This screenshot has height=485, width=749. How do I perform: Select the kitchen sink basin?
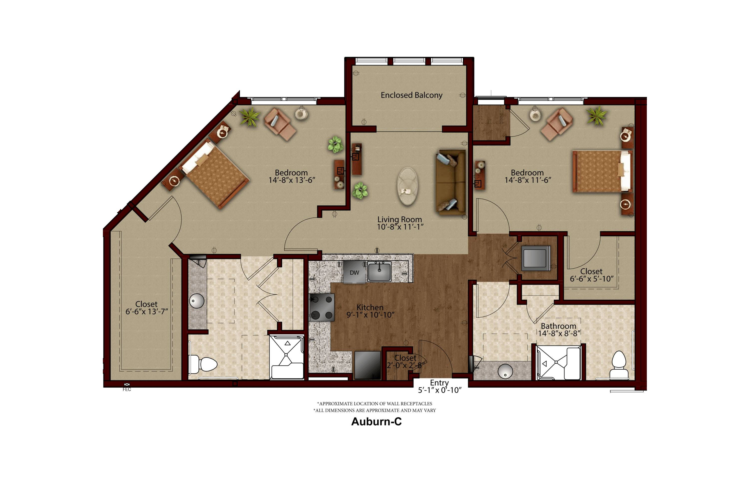pyautogui.click(x=379, y=271)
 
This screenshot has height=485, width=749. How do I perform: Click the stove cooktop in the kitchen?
pyautogui.click(x=322, y=307)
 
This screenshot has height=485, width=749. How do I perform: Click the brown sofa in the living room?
pyautogui.click(x=451, y=182)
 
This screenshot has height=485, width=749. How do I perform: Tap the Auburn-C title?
pyautogui.click(x=376, y=421)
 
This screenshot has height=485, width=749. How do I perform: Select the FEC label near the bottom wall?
pyautogui.click(x=127, y=389)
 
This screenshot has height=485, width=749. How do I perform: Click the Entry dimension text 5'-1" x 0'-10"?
pyautogui.click(x=440, y=390)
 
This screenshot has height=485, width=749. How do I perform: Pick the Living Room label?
pyautogui.click(x=400, y=219)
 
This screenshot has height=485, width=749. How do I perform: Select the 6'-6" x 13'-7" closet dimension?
pyautogui.click(x=147, y=312)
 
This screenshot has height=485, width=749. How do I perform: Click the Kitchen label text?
pyautogui.click(x=370, y=307)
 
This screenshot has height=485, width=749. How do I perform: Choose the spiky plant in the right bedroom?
pyautogui.click(x=596, y=116)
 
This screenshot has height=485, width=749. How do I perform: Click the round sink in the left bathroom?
pyautogui.click(x=197, y=301)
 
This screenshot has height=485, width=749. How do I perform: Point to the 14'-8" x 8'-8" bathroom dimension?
pyautogui.click(x=559, y=334)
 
